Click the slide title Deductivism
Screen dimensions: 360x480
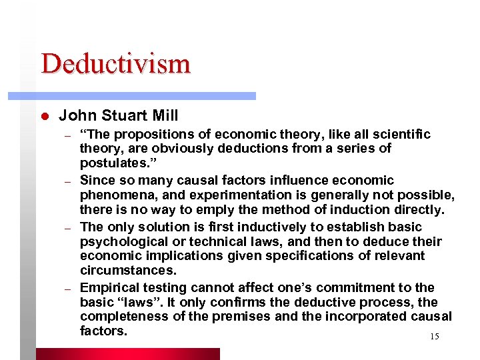[115, 64]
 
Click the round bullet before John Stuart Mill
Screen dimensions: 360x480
[44, 116]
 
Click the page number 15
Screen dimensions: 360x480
[434, 337]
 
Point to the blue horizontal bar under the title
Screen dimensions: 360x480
[147, 96]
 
